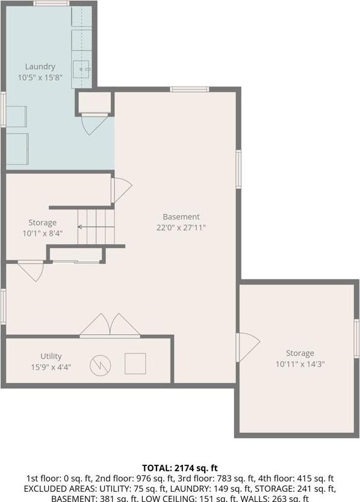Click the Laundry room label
(40, 67)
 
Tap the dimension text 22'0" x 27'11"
(181, 228)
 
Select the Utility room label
(51, 357)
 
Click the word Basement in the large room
(181, 217)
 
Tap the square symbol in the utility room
(135, 364)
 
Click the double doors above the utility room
(110, 326)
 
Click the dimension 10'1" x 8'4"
(42, 233)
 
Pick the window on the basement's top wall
(190, 90)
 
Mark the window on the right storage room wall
(356, 339)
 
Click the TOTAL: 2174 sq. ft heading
(179, 468)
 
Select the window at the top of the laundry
(51, 4)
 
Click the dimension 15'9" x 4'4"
(51, 367)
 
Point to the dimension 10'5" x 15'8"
(40, 78)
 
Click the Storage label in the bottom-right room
(300, 354)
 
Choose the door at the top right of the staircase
(121, 189)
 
